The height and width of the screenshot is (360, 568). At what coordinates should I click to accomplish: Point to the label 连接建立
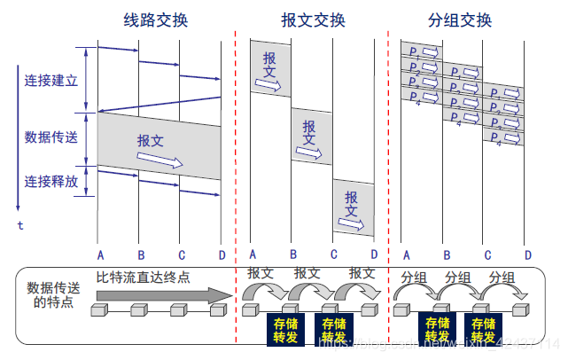click(51, 80)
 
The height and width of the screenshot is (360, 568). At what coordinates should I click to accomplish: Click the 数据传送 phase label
click(51, 137)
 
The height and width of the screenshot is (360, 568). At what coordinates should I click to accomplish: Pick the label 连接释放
click(51, 181)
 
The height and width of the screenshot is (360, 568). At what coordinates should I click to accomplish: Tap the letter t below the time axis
click(20, 225)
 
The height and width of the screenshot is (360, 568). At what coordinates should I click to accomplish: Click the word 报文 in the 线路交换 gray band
click(152, 140)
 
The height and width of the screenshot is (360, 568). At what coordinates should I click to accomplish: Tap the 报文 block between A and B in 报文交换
click(269, 67)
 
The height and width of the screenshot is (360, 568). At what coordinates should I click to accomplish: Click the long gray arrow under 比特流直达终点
click(155, 295)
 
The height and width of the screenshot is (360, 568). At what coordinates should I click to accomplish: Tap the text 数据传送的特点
click(51, 295)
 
